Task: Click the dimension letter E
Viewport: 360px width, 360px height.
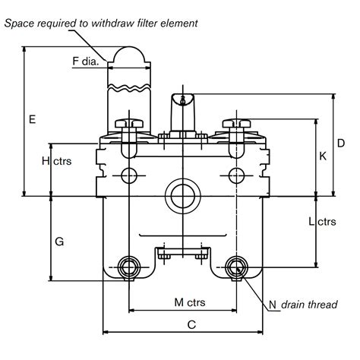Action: [x=33, y=119]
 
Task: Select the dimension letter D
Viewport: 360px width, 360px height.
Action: [x=341, y=144]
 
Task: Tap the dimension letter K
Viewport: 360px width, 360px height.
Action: [x=323, y=156]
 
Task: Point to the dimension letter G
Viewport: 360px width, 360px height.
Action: [x=59, y=242]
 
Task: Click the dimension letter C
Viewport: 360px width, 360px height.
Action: [x=191, y=324]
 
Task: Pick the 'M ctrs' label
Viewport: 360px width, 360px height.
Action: [x=190, y=302]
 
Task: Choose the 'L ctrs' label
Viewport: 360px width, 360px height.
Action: [x=322, y=222]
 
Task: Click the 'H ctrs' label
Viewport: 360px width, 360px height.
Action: [x=57, y=161]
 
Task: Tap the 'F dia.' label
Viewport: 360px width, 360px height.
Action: [x=85, y=61]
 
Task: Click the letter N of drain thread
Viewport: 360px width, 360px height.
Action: [x=273, y=305]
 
